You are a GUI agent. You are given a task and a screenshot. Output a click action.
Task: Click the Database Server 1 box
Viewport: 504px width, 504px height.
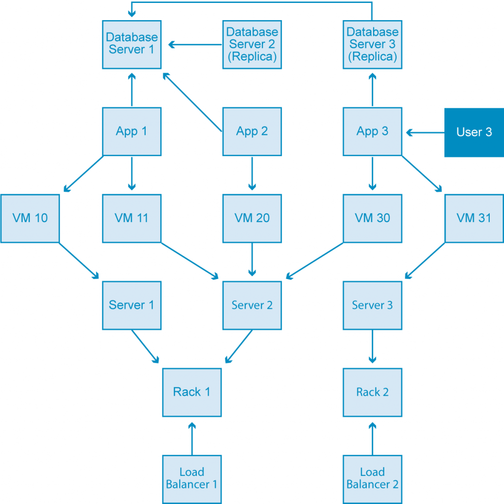pyautogui.click(x=131, y=44)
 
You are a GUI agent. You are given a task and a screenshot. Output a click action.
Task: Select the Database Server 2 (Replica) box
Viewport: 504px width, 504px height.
pyautogui.click(x=252, y=44)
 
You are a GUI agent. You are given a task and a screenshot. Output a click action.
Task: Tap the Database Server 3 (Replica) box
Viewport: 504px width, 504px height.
pyautogui.click(x=373, y=44)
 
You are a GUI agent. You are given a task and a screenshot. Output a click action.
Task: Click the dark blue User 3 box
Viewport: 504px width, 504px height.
pyautogui.click(x=474, y=132)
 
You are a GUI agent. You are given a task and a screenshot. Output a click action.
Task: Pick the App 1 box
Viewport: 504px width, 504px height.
pyautogui.click(x=131, y=131)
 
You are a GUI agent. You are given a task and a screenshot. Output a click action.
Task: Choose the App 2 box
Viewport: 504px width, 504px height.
pyautogui.click(x=252, y=131)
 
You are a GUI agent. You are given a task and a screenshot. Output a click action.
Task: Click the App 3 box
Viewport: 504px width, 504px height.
pyautogui.click(x=373, y=131)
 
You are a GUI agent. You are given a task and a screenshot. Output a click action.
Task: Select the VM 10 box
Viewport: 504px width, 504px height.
pyautogui.click(x=30, y=218)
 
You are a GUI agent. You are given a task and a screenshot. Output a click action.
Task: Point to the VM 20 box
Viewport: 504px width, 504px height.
pyautogui.click(x=252, y=218)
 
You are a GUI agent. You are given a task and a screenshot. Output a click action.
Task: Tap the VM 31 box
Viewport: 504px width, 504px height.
pyautogui.click(x=474, y=218)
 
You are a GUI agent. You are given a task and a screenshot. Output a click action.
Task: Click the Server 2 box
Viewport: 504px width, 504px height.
pyautogui.click(x=252, y=305)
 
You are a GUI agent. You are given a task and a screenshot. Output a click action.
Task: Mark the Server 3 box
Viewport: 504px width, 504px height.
pyautogui.click(x=373, y=305)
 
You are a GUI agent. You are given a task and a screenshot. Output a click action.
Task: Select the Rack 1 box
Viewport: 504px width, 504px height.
pyautogui.click(x=192, y=392)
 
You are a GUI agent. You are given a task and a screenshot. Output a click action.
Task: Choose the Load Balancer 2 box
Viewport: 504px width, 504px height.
pyautogui.click(x=373, y=479)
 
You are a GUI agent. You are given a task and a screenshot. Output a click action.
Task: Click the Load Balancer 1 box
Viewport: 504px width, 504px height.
pyautogui.click(x=192, y=479)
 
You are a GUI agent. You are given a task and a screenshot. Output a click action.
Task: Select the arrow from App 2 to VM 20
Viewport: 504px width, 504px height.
pyautogui.click(x=252, y=174)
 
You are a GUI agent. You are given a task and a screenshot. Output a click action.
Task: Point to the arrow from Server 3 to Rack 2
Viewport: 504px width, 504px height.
pyautogui.click(x=373, y=347)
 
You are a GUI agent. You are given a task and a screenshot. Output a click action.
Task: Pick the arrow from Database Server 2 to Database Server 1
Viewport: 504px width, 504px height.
pyautogui.click(x=194, y=45)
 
